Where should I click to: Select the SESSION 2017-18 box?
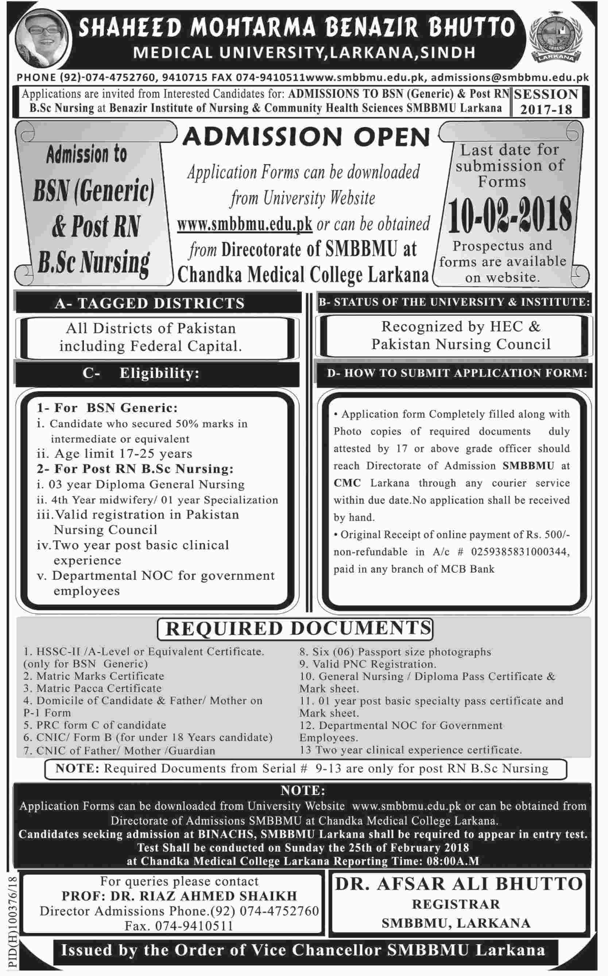[546, 102]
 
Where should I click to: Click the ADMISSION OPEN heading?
[306, 137]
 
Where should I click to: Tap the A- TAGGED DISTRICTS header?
[150, 303]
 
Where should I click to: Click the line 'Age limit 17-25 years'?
[121, 454]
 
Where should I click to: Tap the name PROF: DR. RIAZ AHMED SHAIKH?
[179, 896]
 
